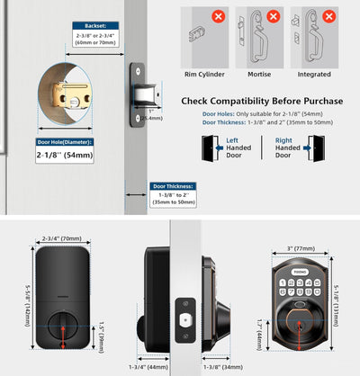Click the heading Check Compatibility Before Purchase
coord(262,100)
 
